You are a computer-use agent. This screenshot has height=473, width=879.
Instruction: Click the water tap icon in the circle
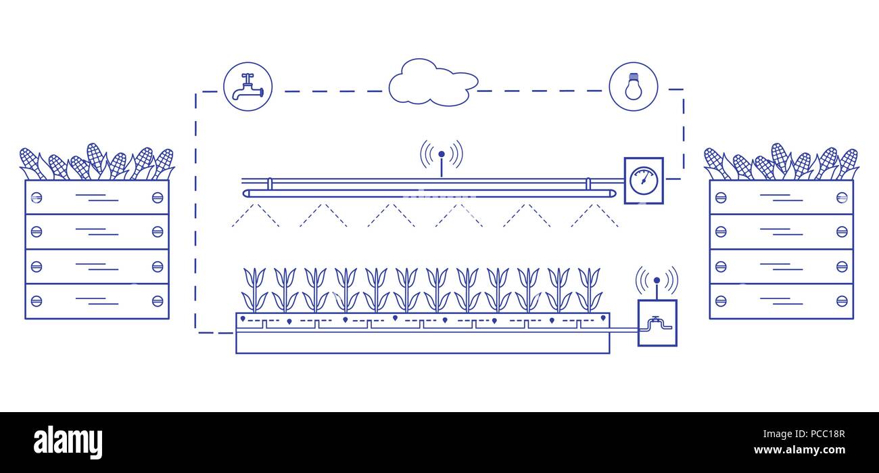click(247, 87)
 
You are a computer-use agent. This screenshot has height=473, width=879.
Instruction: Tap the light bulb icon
click(633, 87)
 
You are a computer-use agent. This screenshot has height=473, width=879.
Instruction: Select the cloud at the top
click(433, 83)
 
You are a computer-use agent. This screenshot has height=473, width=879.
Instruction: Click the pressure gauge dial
click(643, 180)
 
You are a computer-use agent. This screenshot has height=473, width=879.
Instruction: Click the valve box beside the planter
click(657, 323)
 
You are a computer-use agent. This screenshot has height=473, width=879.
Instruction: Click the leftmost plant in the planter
click(254, 290)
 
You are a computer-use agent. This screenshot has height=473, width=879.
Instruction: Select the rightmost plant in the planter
click(589, 290)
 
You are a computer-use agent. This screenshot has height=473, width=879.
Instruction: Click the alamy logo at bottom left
click(68, 443)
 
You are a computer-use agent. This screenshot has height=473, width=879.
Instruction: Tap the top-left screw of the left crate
click(37, 197)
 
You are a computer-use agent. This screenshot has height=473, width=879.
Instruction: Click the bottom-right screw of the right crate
click(842, 300)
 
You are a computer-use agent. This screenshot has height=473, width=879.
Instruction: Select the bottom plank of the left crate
click(97, 301)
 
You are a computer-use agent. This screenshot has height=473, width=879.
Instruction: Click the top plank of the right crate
click(781, 197)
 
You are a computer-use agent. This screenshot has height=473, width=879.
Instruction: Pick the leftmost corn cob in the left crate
click(29, 162)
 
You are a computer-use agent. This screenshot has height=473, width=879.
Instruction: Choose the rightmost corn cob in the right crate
click(848, 162)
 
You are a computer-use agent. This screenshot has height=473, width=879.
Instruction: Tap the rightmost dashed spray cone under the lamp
click(594, 215)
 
